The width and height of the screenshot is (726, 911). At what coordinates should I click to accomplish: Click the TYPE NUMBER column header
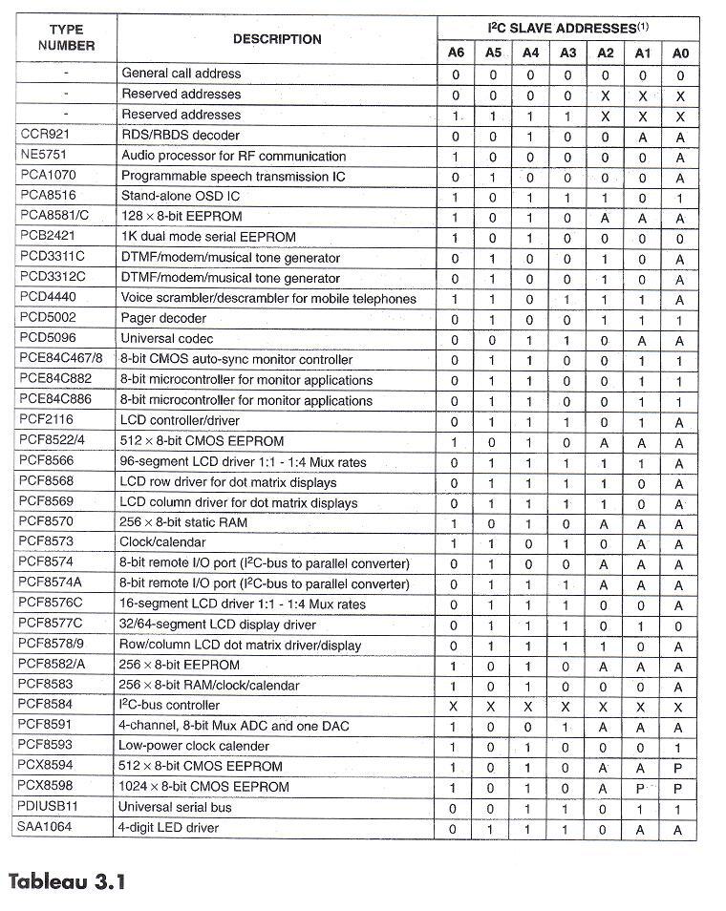point(66,37)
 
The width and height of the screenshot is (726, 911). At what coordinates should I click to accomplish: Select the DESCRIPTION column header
point(277,39)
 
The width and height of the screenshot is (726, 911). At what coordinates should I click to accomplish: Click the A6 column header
point(456,53)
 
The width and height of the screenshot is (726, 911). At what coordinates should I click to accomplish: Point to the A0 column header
point(679,53)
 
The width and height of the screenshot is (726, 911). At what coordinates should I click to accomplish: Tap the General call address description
point(181,74)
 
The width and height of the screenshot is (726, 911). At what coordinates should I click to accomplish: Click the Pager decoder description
point(163,318)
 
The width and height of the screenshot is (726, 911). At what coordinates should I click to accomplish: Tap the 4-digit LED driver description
point(168,828)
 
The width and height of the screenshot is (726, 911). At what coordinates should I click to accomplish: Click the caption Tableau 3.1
point(67,879)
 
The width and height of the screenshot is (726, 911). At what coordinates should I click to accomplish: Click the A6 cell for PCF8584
point(455,706)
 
